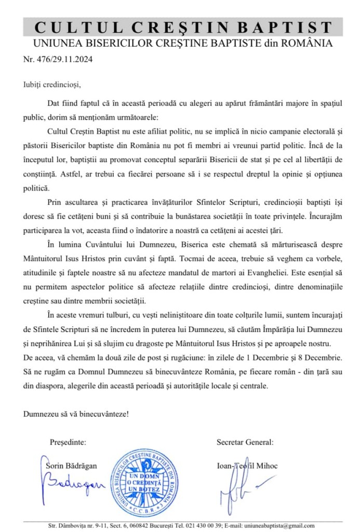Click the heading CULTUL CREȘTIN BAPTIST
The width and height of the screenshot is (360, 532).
click(x=182, y=27)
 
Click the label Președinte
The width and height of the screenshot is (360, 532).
click(x=69, y=443)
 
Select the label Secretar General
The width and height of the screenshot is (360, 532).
click(x=245, y=443)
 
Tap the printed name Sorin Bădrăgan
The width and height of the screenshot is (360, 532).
click(x=71, y=466)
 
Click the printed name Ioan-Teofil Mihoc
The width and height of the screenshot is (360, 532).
click(x=247, y=466)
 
